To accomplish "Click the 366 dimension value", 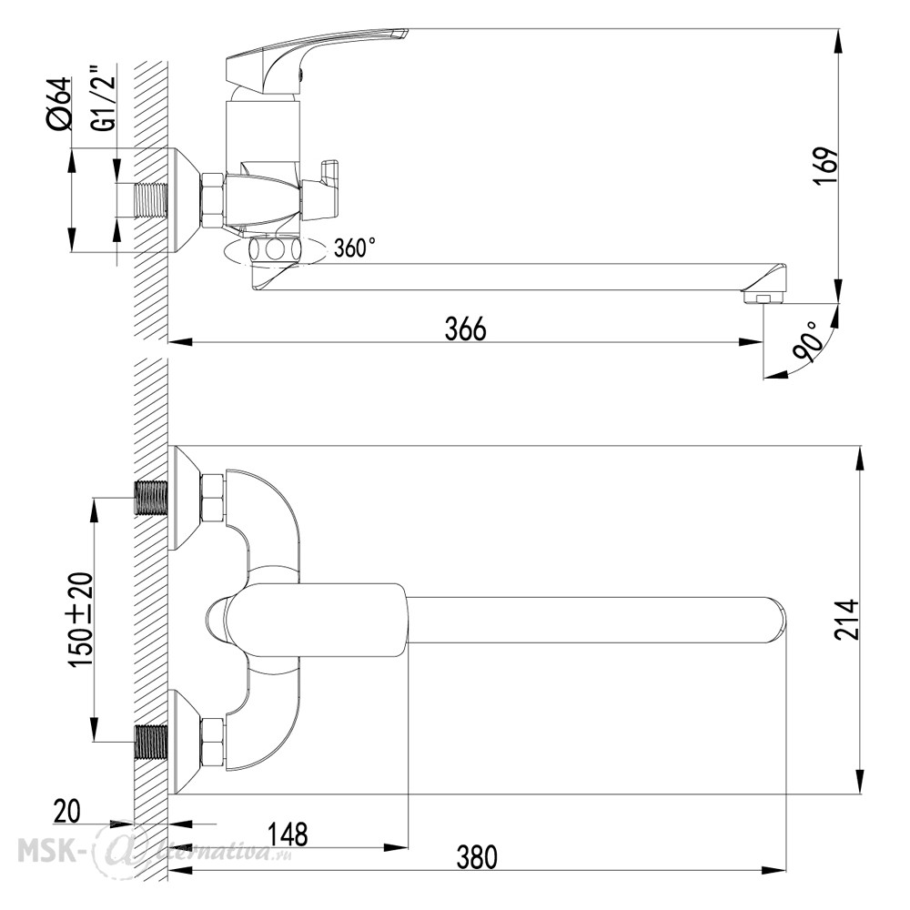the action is [465, 329].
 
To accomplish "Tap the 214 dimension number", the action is [846, 620].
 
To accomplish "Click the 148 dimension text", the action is [288, 834].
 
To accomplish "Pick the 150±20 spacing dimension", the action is [80, 620].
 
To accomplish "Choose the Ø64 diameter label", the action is [58, 103].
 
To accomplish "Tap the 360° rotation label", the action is [355, 248].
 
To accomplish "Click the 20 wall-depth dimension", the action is [66, 811].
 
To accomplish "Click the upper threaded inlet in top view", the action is [151, 498].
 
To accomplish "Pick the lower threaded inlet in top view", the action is [151, 743].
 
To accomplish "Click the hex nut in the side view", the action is [212, 200].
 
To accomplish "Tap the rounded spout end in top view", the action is [774, 620].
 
